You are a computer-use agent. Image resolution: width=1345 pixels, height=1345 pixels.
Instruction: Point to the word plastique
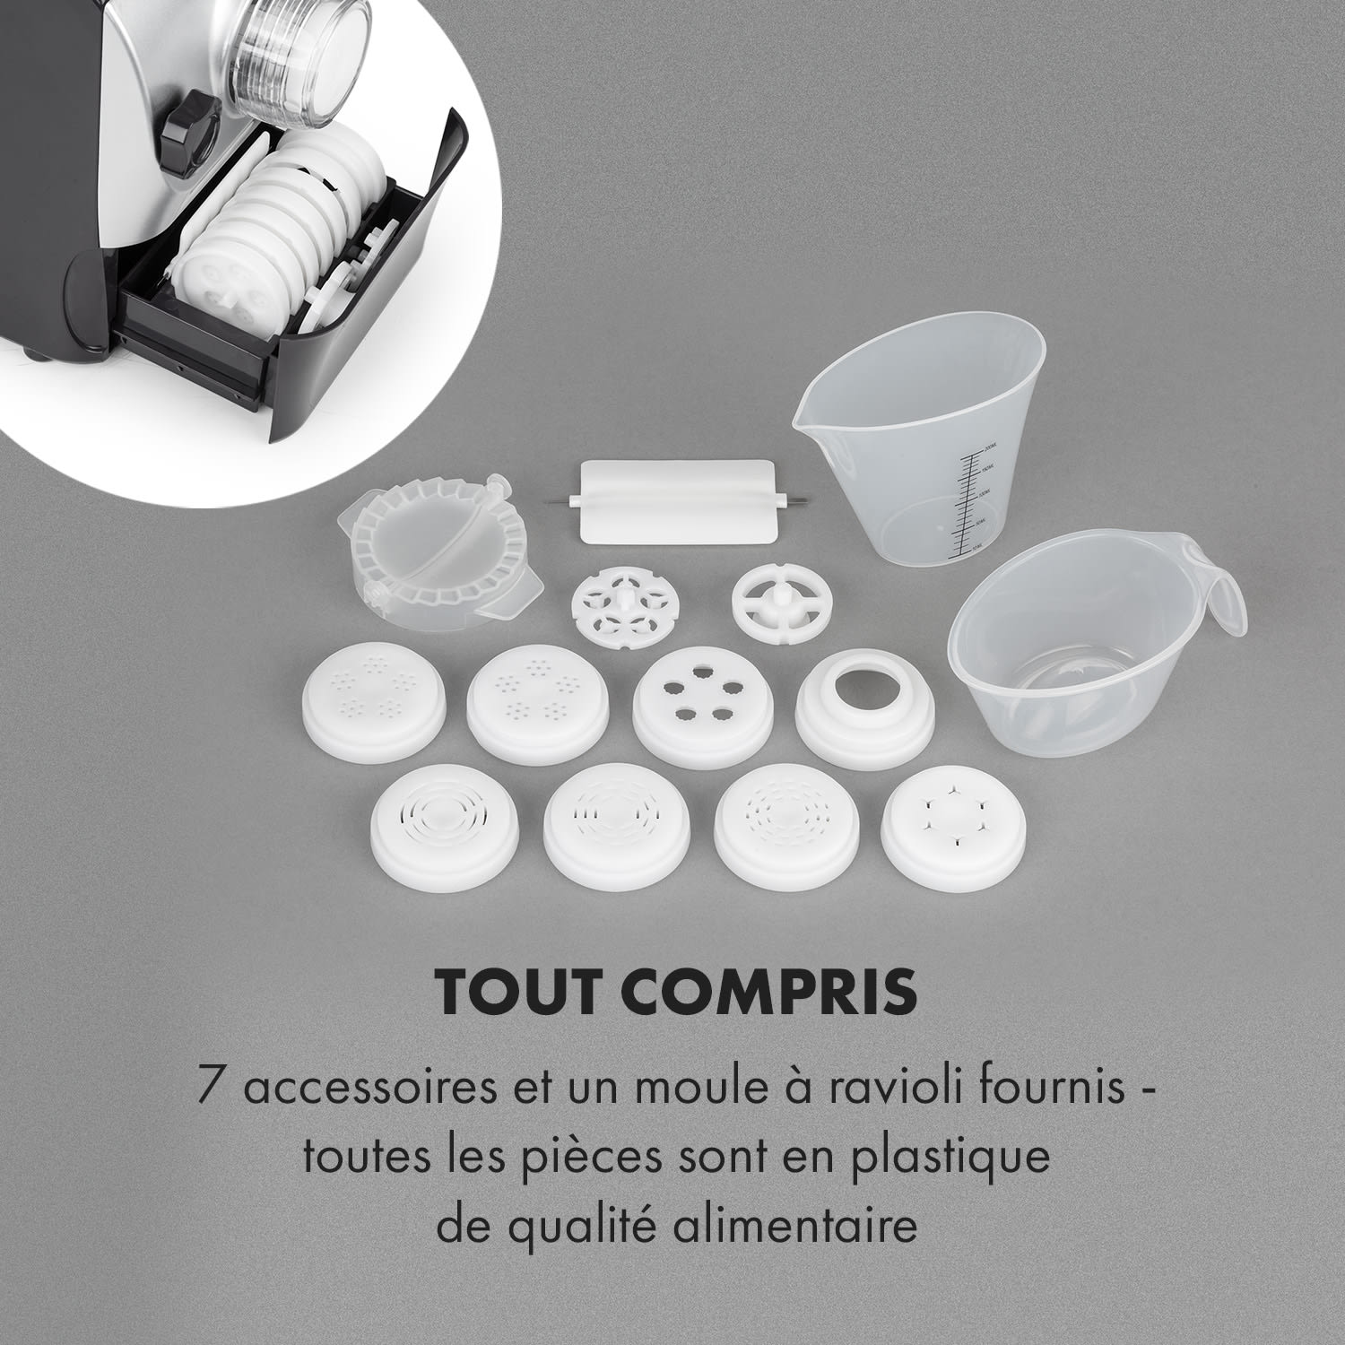(x=956, y=1158)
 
